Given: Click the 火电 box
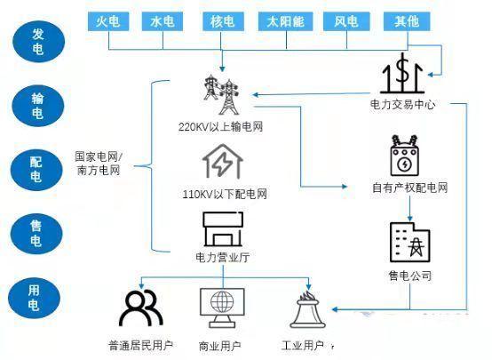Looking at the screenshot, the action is coord(108,21).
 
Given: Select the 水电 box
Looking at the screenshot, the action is coord(163,21).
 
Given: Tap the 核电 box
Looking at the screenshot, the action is coord(223,21).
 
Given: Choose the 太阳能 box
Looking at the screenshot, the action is coord(286,21).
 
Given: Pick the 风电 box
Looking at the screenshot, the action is coord(346,21).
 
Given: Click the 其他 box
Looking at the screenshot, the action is coord(407,21).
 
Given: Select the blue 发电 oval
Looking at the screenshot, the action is coord(38,42).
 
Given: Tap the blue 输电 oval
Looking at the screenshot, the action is coord(37,106).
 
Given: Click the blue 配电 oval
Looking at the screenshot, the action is coord(36,170).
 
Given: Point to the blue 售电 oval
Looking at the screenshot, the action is coord(36,234).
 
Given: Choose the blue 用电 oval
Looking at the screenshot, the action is coord(34,298).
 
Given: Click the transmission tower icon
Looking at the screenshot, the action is coord(221,94).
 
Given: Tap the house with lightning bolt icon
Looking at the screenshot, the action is coord(223,161).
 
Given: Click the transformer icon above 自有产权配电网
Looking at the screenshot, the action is coord(404,156).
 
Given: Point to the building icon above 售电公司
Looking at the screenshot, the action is coord(409,242).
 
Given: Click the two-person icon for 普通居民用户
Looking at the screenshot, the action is coord(141,308).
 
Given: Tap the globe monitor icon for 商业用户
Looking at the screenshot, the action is coord(222,308).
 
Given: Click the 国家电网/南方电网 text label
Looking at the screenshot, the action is coord(99,164).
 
